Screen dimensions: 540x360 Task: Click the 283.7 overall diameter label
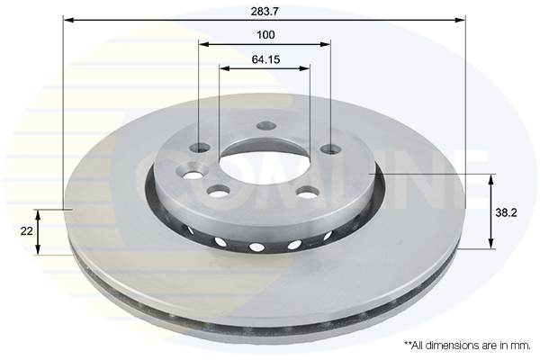265,12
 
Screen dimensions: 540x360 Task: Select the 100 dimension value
265,35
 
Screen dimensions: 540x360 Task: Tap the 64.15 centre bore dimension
265,59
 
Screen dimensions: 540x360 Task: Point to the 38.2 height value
506,213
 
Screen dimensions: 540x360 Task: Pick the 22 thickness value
26,231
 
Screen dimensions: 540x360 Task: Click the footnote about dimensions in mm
467,346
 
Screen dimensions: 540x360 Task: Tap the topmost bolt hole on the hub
266,126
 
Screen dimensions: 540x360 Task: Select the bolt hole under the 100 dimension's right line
330,149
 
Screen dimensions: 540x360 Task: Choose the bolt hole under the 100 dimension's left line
200,148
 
